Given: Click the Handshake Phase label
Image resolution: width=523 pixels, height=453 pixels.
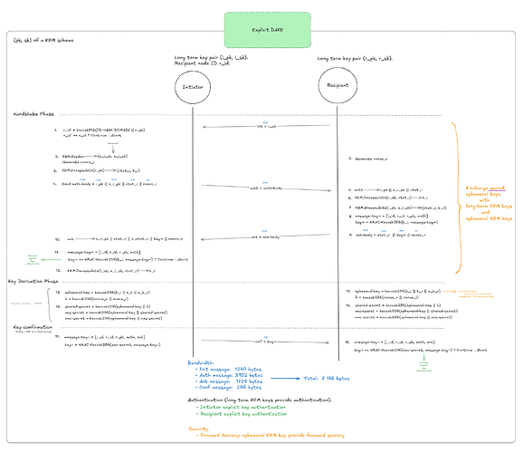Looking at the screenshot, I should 36,115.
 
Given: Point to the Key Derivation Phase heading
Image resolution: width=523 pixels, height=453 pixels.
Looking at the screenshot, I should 39,281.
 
